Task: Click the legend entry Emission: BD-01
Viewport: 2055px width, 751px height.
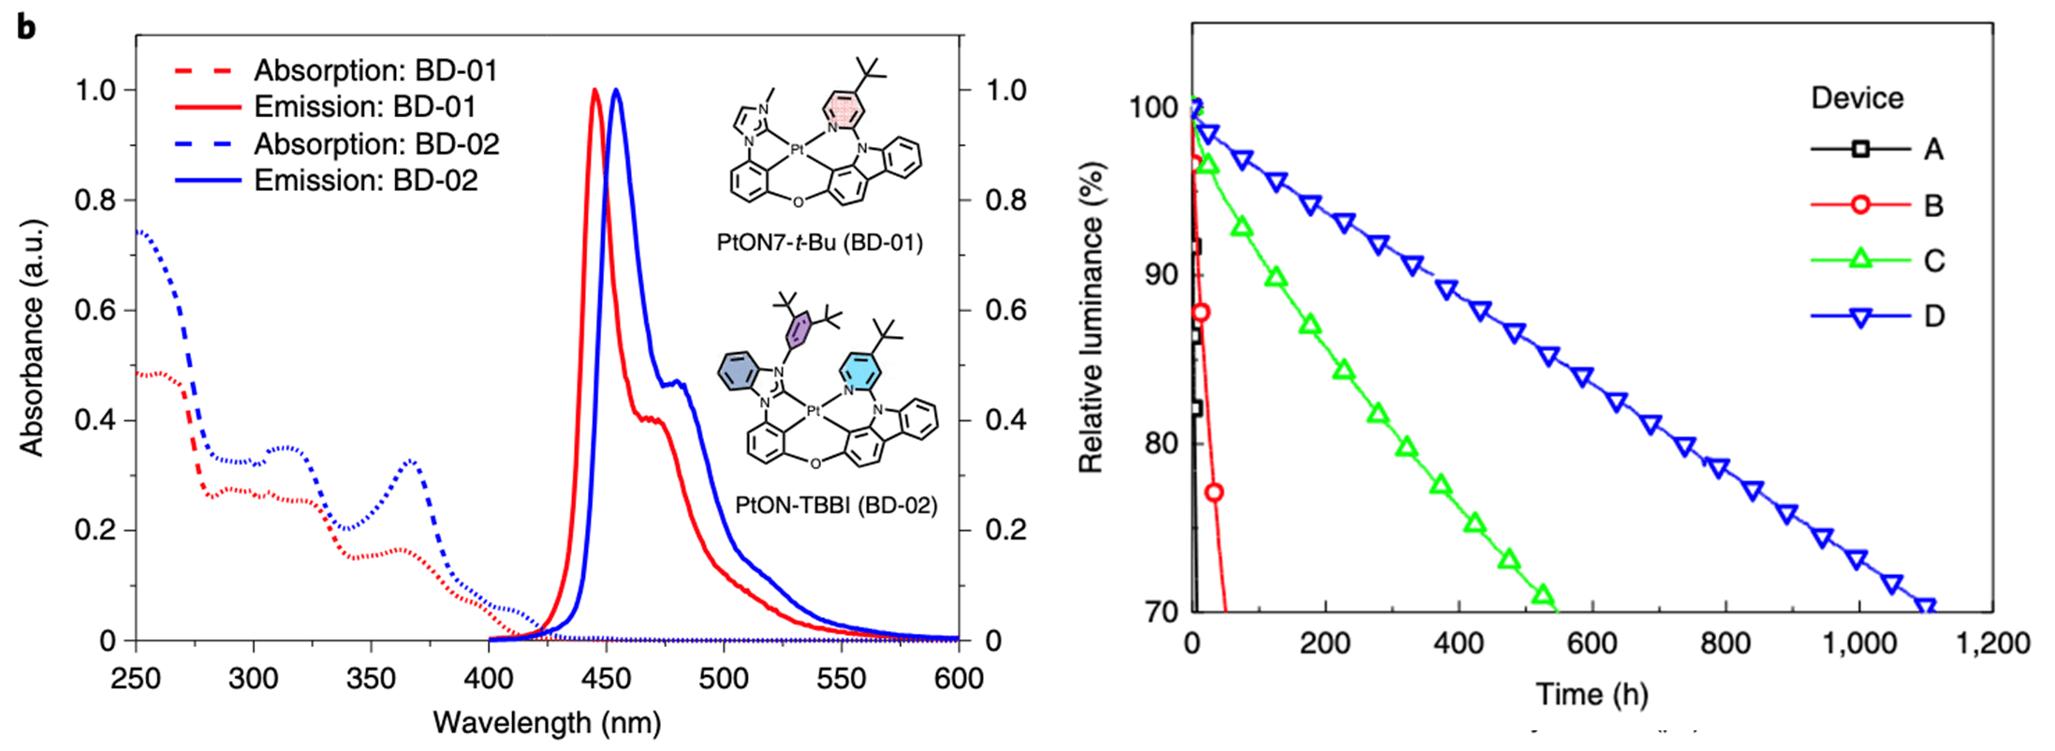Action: pyautogui.click(x=365, y=107)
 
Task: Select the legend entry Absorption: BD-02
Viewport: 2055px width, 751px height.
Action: pyautogui.click(x=376, y=144)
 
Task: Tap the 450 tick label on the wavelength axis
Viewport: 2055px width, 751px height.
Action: pyautogui.click(x=606, y=678)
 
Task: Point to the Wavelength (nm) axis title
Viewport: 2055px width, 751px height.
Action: pyautogui.click(x=547, y=723)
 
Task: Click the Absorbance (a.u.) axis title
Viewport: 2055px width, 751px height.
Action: pyautogui.click(x=32, y=338)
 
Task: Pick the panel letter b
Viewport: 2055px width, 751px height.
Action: pyautogui.click(x=26, y=28)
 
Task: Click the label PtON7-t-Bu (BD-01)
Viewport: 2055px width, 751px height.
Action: pyautogui.click(x=819, y=243)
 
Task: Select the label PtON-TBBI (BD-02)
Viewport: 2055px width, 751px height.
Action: pyautogui.click(x=835, y=506)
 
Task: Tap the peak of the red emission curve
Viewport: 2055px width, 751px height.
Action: pyautogui.click(x=594, y=91)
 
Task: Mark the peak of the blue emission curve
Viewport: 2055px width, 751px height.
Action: pyautogui.click(x=616, y=91)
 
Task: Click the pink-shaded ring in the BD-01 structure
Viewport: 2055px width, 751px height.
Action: pyautogui.click(x=844, y=110)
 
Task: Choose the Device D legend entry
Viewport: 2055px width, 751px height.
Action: pyautogui.click(x=1934, y=317)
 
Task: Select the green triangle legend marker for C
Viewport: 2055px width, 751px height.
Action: pyautogui.click(x=1861, y=259)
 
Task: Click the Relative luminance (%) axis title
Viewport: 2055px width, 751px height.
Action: pyautogui.click(x=1091, y=318)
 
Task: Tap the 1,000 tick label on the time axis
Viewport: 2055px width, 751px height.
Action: pyautogui.click(x=1859, y=643)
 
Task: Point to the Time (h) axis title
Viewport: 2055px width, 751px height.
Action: pyautogui.click(x=1592, y=694)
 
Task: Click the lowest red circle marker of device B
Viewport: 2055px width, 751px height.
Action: pyautogui.click(x=1214, y=493)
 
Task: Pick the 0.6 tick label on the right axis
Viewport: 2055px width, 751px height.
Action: pyautogui.click(x=1005, y=310)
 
